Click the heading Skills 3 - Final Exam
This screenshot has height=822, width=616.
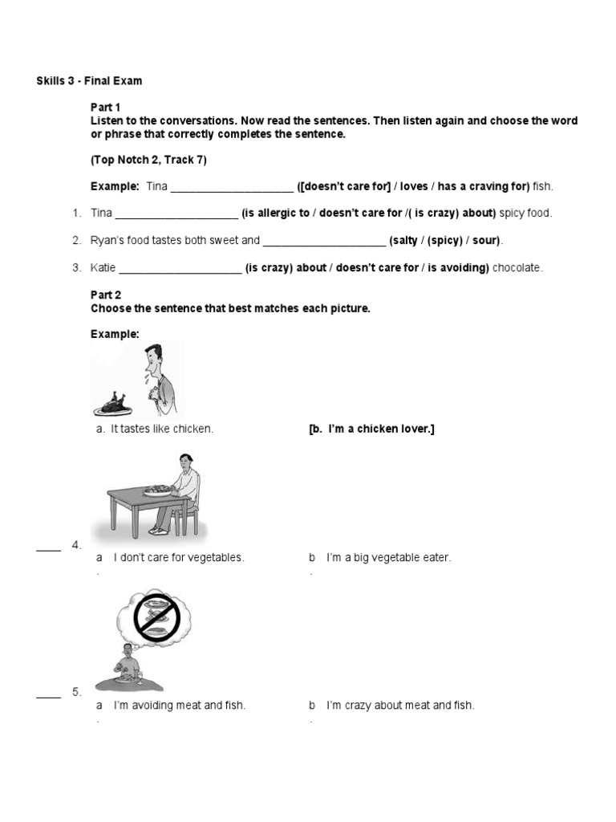pyautogui.click(x=89, y=81)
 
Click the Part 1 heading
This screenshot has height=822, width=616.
pyautogui.click(x=105, y=107)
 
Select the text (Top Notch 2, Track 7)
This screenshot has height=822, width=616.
pyautogui.click(x=148, y=160)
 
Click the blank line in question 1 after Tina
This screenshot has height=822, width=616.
pyautogui.click(x=176, y=214)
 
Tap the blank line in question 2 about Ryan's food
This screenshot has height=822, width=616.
pyautogui.click(x=324, y=241)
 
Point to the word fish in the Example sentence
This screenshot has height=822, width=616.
pyautogui.click(x=543, y=186)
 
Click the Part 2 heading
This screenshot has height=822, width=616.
pyautogui.click(x=105, y=295)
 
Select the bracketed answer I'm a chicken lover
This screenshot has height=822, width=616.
pyautogui.click(x=371, y=429)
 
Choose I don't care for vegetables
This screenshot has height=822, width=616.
pyautogui.click(x=178, y=557)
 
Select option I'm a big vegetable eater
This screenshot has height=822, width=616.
pyautogui.click(x=388, y=557)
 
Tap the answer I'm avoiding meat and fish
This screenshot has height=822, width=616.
pyautogui.click(x=179, y=706)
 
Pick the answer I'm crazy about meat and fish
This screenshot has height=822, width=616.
pyautogui.click(x=399, y=706)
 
